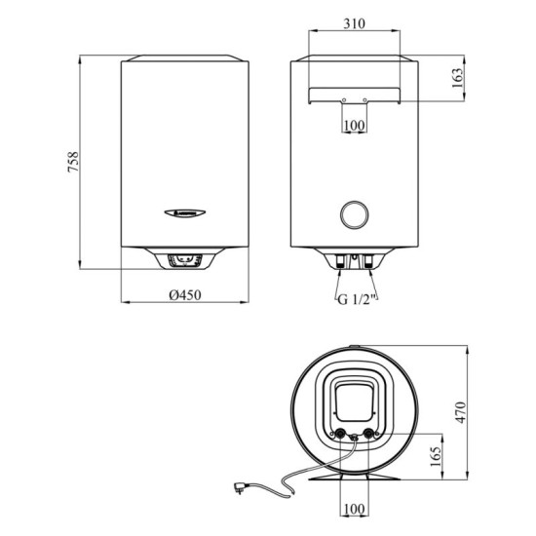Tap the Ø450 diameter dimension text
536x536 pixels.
tap(184, 296)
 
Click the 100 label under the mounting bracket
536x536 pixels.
tap(355, 126)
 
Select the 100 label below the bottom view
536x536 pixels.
tap(354, 509)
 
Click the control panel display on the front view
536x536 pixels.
tap(184, 260)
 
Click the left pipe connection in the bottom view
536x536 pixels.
tap(339, 436)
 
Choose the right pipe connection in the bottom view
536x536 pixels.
tap(369, 436)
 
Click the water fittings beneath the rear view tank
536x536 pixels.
tap(354, 260)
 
